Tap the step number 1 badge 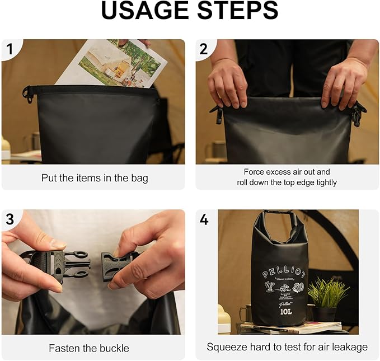[x=10, y=49]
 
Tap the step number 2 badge [x=204, y=49]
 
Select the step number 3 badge [x=10, y=219]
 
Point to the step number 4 [x=204, y=219]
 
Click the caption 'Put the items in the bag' [x=95, y=178]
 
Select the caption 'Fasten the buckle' [x=89, y=348]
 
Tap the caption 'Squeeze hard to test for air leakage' [x=287, y=347]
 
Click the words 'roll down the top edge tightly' [x=287, y=182]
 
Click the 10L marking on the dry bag [x=285, y=311]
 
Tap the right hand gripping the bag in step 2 [x=342, y=84]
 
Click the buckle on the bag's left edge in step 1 [x=27, y=94]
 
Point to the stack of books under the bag [x=291, y=328]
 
